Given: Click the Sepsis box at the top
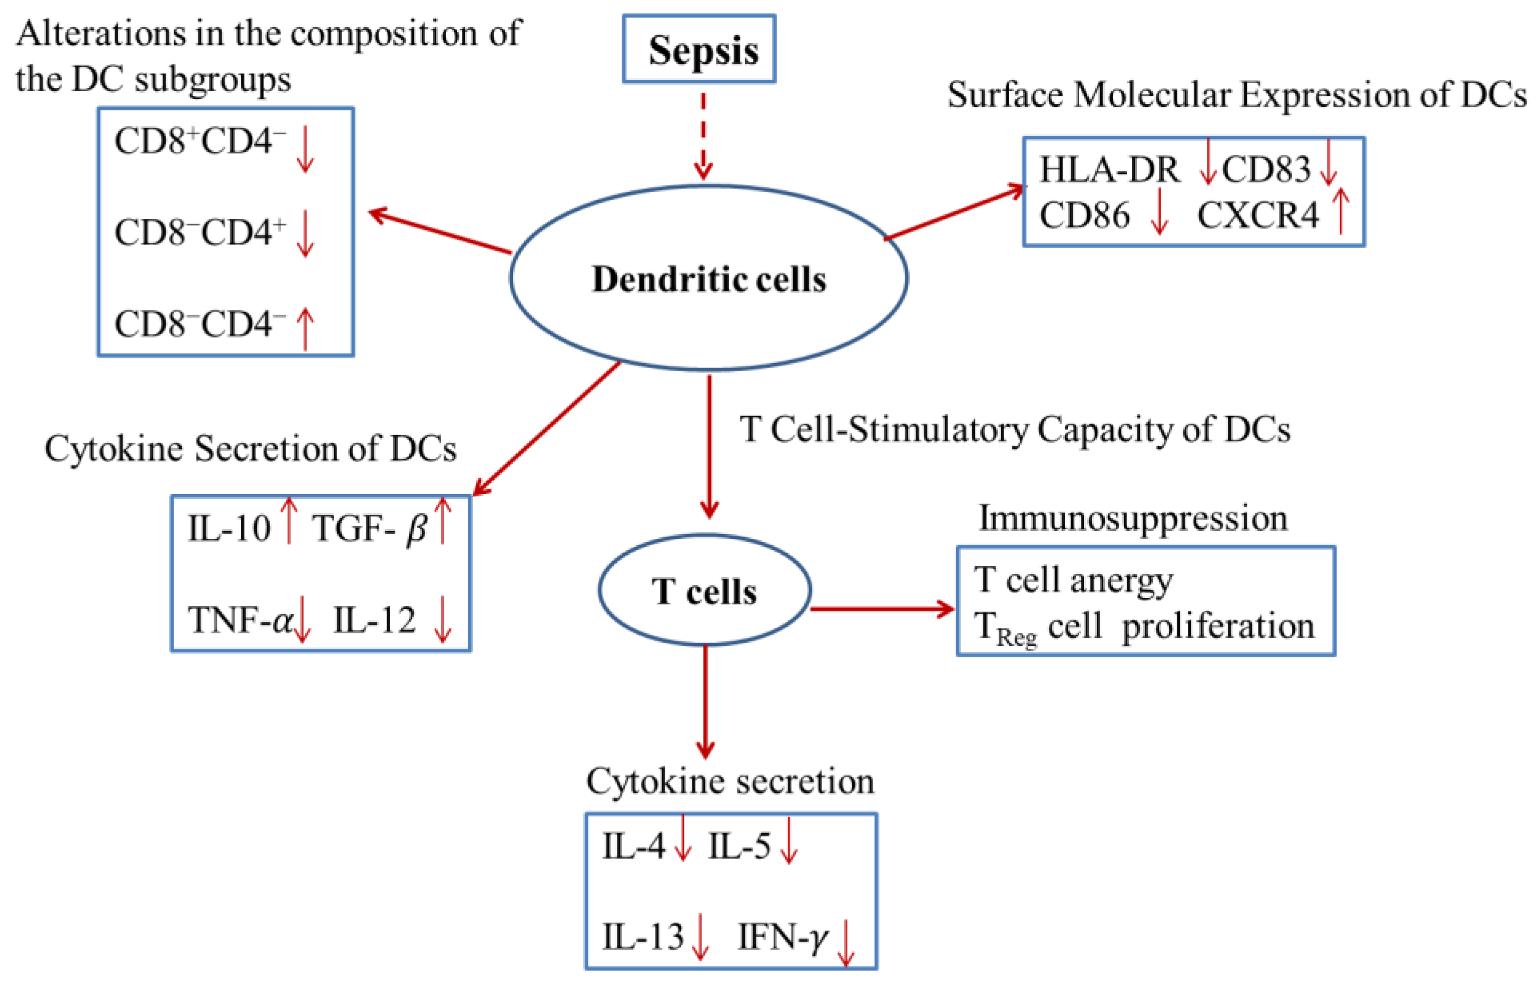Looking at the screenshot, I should click(x=699, y=49).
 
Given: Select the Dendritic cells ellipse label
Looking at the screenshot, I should click(x=709, y=280).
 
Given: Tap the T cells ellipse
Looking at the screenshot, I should click(x=704, y=590).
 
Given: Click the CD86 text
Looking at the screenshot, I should click(x=1085, y=215).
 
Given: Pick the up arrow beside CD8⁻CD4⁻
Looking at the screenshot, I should click(x=306, y=328).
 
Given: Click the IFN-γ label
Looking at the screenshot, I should click(x=783, y=937).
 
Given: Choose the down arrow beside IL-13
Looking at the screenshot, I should click(x=700, y=937).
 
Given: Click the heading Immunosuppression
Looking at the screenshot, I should click(x=1132, y=518).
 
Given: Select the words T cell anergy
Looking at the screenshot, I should click(x=1073, y=580).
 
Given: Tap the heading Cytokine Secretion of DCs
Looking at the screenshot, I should click(x=250, y=448).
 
